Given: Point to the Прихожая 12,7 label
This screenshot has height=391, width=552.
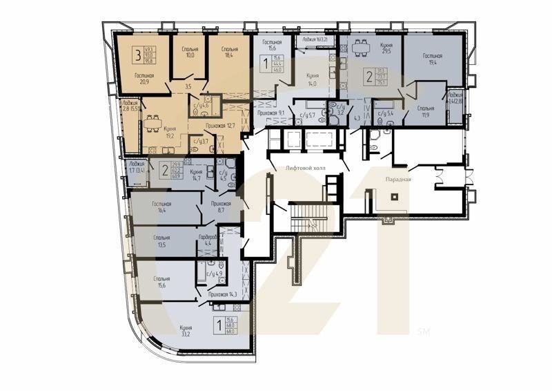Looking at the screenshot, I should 221,125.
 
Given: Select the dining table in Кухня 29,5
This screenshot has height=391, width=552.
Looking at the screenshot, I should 359,48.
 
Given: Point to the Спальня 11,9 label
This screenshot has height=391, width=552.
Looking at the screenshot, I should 426,112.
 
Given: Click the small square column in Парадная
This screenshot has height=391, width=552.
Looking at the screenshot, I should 394,197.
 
